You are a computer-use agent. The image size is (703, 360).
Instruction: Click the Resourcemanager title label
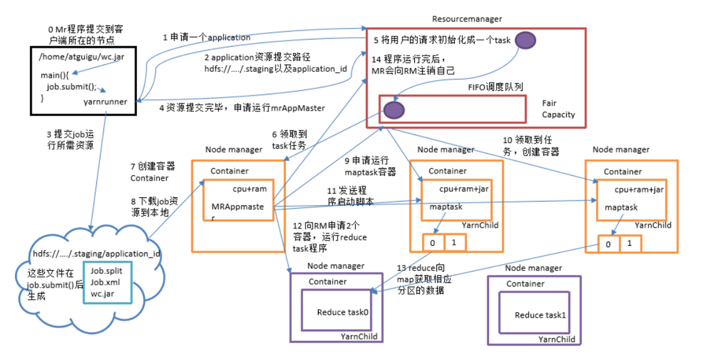tap(467, 19)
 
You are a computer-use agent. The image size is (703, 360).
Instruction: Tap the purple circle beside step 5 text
tap(525, 40)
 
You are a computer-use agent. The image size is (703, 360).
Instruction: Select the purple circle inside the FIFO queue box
tap(394, 110)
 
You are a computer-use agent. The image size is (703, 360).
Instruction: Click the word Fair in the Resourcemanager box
tap(549, 103)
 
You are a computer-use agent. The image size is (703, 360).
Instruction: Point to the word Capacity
tap(558, 115)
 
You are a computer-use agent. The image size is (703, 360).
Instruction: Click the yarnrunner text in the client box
tap(105, 102)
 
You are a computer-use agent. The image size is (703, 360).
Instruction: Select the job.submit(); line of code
tap(71, 86)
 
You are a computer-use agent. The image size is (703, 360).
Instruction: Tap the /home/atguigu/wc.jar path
tap(82, 57)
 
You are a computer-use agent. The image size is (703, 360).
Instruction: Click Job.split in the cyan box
tap(106, 271)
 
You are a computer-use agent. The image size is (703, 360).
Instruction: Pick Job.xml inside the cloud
tap(105, 282)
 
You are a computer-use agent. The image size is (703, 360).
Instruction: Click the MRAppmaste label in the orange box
tap(237, 207)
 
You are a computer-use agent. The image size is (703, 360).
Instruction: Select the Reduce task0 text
tap(343, 312)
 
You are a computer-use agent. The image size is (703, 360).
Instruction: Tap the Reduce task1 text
tap(540, 315)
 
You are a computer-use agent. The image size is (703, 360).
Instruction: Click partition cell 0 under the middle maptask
tap(433, 243)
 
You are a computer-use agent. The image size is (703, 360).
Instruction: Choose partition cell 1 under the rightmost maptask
tap(630, 243)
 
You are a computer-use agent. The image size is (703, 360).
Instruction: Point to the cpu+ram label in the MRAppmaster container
tap(250, 189)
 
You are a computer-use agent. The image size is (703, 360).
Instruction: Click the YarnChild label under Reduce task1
tap(557, 339)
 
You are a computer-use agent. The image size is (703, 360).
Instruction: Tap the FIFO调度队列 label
tap(495, 87)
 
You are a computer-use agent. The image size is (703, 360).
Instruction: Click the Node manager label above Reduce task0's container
tap(336, 266)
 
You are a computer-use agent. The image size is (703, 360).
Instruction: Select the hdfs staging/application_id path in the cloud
tap(96, 253)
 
